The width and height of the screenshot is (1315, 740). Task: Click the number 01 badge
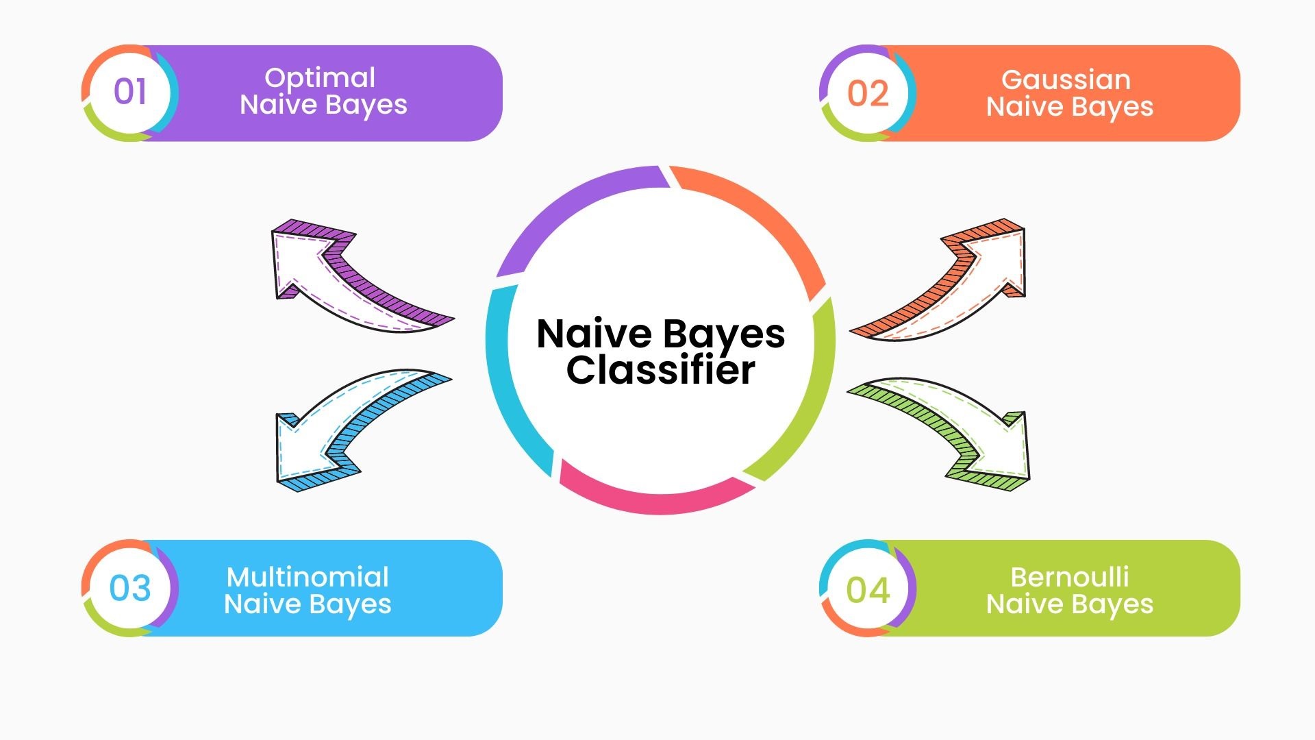[129, 92]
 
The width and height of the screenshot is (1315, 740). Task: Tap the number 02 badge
[868, 93]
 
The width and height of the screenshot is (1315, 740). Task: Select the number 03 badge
[129, 588]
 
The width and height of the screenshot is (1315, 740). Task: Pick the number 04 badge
[868, 589]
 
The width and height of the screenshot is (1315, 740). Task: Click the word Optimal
[320, 78]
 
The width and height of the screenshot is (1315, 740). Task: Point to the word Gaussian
[1066, 79]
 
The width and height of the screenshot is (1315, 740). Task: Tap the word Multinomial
[308, 577]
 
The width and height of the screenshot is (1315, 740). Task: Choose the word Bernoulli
[1070, 577]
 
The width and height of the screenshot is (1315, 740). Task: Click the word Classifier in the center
[660, 370]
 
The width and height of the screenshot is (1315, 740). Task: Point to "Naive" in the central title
[594, 334]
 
